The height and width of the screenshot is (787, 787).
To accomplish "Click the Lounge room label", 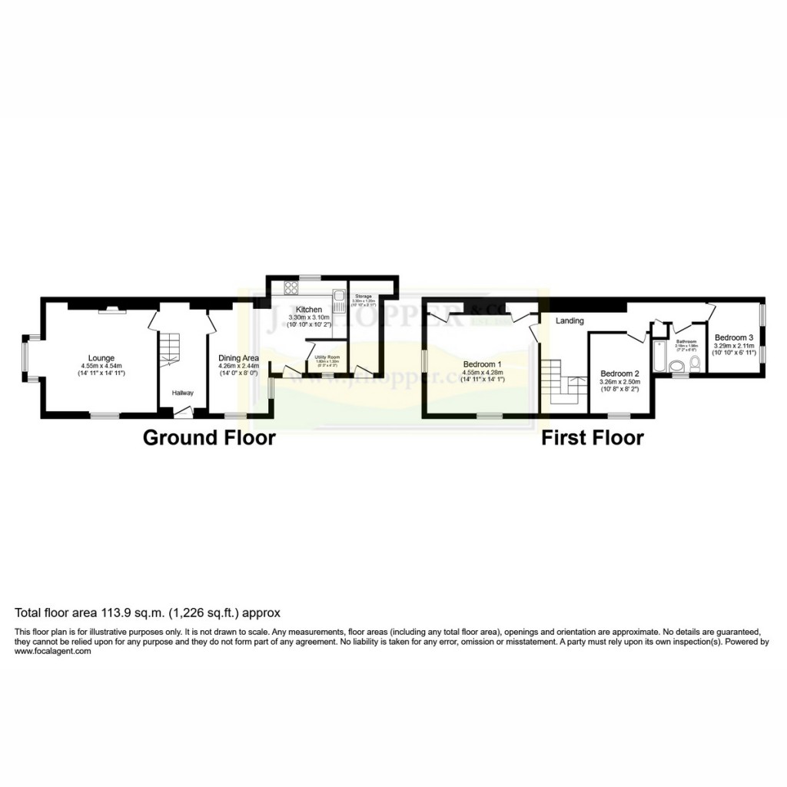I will pyautogui.click(x=101, y=357).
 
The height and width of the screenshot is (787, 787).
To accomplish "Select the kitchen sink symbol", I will pyautogui.click(x=337, y=296).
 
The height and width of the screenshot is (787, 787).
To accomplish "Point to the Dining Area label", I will pyautogui.click(x=239, y=357).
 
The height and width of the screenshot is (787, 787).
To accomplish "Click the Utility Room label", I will pyautogui.click(x=327, y=357).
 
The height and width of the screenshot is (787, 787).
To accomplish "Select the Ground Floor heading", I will pyautogui.click(x=209, y=438).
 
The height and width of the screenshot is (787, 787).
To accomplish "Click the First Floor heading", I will pyautogui.click(x=592, y=438).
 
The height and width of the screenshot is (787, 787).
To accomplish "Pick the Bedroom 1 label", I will pyautogui.click(x=482, y=364).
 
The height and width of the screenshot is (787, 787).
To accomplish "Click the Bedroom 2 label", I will pyautogui.click(x=619, y=374).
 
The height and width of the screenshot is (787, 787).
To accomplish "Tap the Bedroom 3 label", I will pyautogui.click(x=734, y=337).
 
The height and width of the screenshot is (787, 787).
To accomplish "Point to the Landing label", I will pyautogui.click(x=570, y=320).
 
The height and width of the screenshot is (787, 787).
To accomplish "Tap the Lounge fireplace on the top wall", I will pyautogui.click(x=112, y=308).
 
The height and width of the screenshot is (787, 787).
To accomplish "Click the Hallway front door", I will pyautogui.click(x=182, y=413).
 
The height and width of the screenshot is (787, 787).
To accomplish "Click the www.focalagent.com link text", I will pyautogui.click(x=53, y=651).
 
